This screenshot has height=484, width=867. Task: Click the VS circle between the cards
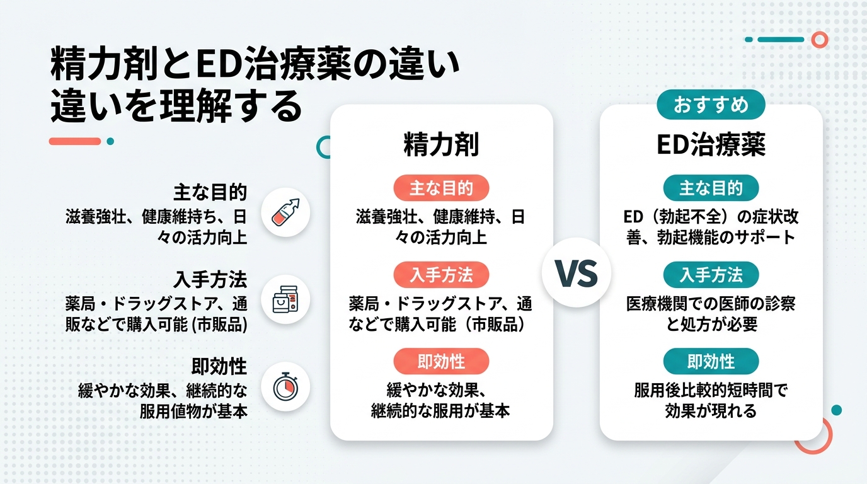click(x=576, y=273)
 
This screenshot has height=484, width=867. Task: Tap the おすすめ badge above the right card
click(x=711, y=105)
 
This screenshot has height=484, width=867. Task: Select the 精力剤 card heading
click(x=441, y=145)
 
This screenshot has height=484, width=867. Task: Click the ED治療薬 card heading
click(x=711, y=145)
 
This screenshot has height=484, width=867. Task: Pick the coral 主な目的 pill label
click(x=441, y=188)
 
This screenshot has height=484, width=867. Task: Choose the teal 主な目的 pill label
click(x=711, y=188)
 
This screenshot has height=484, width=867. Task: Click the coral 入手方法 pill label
click(x=441, y=275)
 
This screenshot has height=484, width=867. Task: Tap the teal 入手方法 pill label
click(x=711, y=275)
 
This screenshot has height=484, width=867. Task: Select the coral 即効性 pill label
click(x=441, y=361)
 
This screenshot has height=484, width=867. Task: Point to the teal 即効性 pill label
click(x=711, y=361)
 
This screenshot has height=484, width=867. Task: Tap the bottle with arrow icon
click(x=285, y=212)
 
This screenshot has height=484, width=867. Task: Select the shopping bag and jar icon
click(x=285, y=298)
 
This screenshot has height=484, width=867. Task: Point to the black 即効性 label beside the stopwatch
click(x=219, y=366)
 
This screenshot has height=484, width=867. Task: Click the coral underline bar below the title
click(x=75, y=141)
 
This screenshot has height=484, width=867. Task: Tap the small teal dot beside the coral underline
click(x=110, y=141)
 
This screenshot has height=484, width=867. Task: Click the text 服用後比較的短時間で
click(x=711, y=390)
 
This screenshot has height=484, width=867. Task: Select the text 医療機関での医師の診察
click(x=711, y=304)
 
